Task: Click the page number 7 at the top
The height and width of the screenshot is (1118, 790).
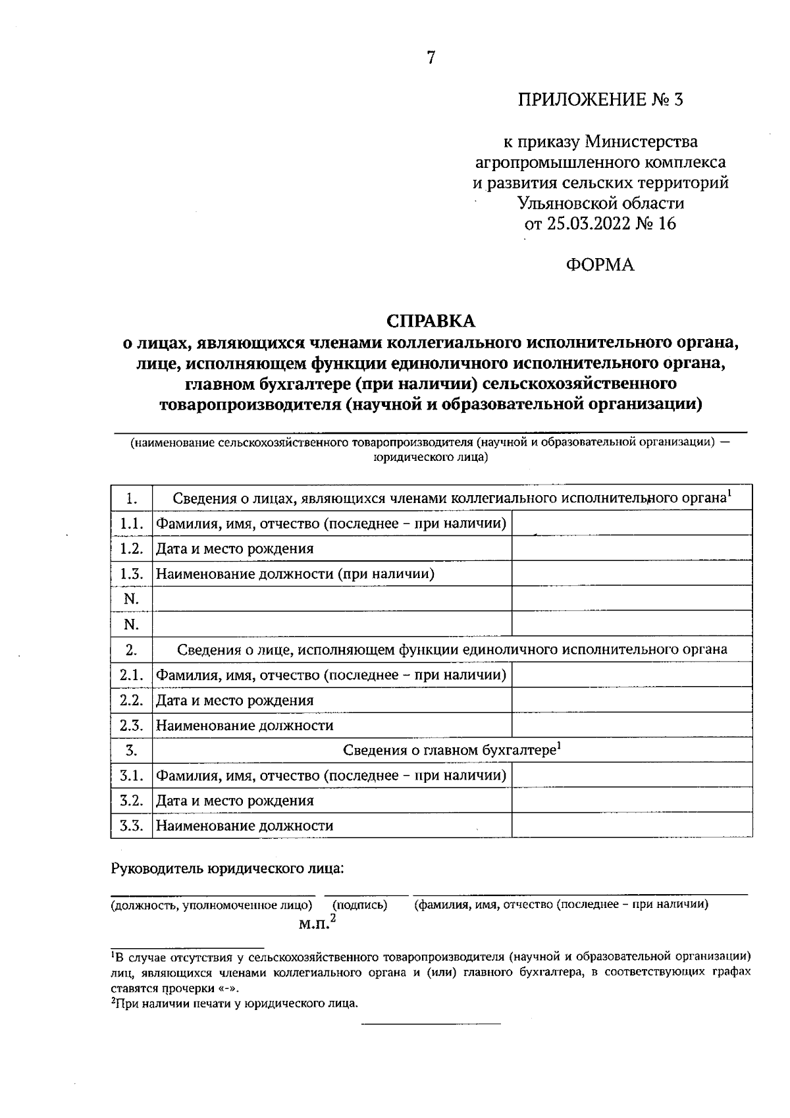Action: [x=431, y=58]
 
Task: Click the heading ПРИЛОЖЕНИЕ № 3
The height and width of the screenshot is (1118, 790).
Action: [x=600, y=100]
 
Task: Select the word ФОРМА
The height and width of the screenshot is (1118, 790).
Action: [x=600, y=265]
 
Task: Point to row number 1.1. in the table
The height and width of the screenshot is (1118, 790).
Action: [x=132, y=523]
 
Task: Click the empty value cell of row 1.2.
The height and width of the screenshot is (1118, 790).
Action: [x=631, y=548]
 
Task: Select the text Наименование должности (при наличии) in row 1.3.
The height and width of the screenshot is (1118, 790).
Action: [x=295, y=574]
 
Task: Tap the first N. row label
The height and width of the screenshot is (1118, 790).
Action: [x=132, y=599]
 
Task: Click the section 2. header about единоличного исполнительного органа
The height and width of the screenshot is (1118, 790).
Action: [x=452, y=650]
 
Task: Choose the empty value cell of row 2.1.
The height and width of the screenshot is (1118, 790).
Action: [x=631, y=675]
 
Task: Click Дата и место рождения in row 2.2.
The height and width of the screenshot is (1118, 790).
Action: [x=235, y=701]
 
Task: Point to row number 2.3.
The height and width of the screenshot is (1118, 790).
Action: [x=132, y=726]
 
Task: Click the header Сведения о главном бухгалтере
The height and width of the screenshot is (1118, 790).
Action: [x=452, y=750]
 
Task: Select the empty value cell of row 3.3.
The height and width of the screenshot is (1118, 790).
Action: [x=631, y=826]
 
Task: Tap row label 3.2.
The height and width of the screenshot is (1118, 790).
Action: [x=132, y=801]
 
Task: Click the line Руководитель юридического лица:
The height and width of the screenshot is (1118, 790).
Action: [x=228, y=868]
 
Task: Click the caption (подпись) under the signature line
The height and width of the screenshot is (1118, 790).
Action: [x=360, y=905]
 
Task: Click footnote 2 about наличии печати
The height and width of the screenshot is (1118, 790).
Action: [x=234, y=1003]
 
